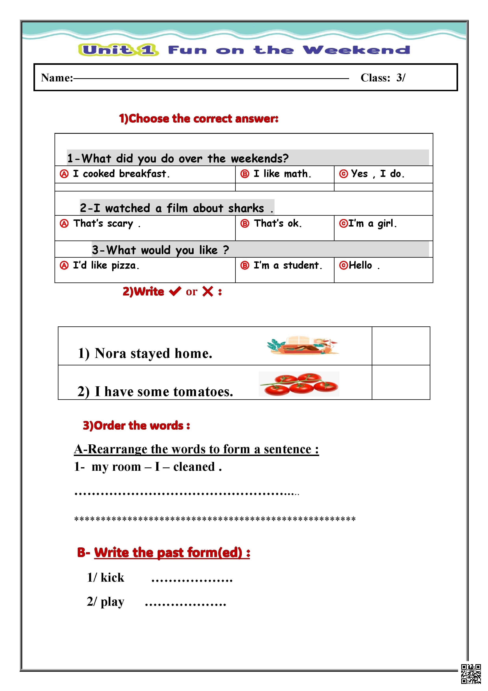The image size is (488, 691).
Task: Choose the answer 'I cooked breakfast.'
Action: point(121,174)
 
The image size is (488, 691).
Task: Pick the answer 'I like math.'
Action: point(282,174)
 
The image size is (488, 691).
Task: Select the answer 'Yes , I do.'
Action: point(377,174)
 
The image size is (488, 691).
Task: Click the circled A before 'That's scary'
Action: point(64,224)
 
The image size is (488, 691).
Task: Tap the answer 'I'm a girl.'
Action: point(372,224)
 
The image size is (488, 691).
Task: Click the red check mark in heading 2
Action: point(175,291)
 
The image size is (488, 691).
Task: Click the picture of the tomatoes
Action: point(299,384)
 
